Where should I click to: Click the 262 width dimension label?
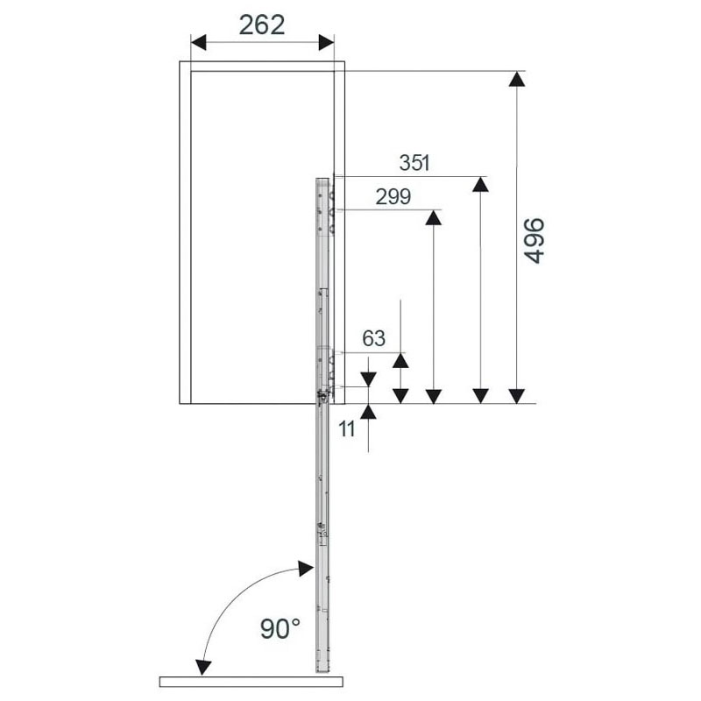pyautogui.click(x=261, y=25)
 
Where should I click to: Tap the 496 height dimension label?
pyautogui.click(x=535, y=240)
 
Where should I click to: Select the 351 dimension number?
pyautogui.click(x=414, y=163)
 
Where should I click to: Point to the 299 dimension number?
pyautogui.click(x=393, y=196)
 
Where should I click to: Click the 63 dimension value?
pyautogui.click(x=374, y=338)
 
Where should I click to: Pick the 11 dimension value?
pyautogui.click(x=347, y=429)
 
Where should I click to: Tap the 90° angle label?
pyautogui.click(x=280, y=628)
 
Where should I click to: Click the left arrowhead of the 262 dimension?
pyautogui.click(x=198, y=42)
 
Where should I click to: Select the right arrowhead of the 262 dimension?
pyautogui.click(x=326, y=42)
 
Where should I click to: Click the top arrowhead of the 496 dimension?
pyautogui.click(x=517, y=79)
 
